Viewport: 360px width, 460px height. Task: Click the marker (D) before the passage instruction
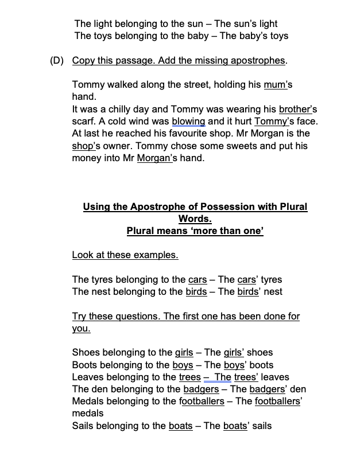click(57, 61)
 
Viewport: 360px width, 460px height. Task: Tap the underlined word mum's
click(278, 85)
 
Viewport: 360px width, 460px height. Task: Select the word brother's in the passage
click(297, 109)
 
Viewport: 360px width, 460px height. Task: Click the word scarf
click(84, 121)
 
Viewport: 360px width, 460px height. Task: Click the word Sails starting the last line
click(83, 426)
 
